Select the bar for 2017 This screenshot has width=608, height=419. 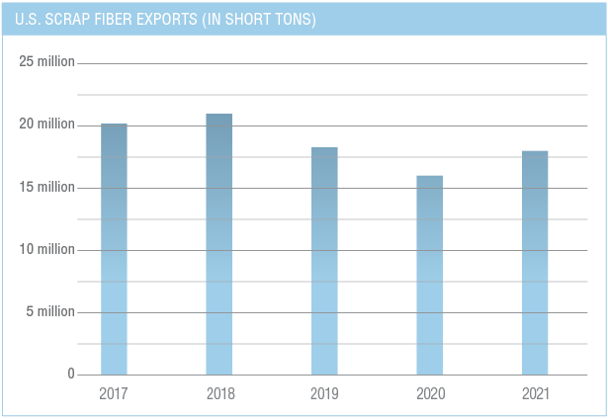tap(114, 249)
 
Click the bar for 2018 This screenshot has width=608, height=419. tap(218, 244)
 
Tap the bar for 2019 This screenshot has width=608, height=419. tap(324, 261)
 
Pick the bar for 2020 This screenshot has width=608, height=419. tap(429, 275)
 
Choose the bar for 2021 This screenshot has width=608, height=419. tap(535, 263)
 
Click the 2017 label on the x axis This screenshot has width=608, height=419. tap(114, 394)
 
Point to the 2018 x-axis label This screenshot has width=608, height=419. tap(218, 394)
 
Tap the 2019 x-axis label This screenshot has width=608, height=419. tap(324, 394)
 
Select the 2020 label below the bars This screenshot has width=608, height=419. tap(429, 394)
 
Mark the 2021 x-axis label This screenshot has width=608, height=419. tap(535, 394)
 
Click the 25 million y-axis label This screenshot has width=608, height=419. tap(46, 62)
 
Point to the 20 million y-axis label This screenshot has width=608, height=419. tap(46, 125)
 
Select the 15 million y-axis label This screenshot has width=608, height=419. tap(46, 187)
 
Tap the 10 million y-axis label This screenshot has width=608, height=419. tap(46, 249)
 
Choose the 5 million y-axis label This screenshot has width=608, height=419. tap(49, 311)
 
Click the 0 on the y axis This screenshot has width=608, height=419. tap(70, 374)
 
